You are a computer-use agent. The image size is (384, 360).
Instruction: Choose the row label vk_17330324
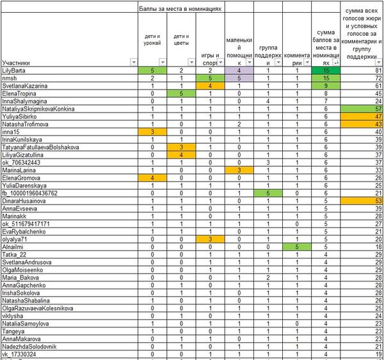[x=20, y=354]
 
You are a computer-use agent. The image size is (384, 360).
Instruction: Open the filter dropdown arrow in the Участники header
[x=133, y=62]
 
